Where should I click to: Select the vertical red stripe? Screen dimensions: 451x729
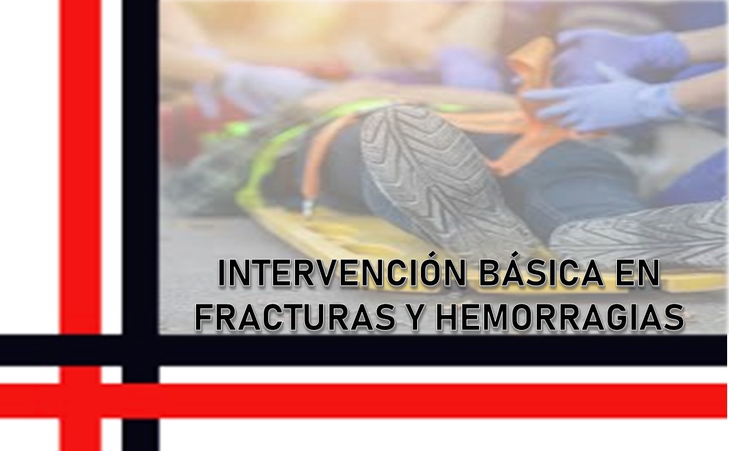tap(80, 188)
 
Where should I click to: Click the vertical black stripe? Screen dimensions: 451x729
tap(140, 188)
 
